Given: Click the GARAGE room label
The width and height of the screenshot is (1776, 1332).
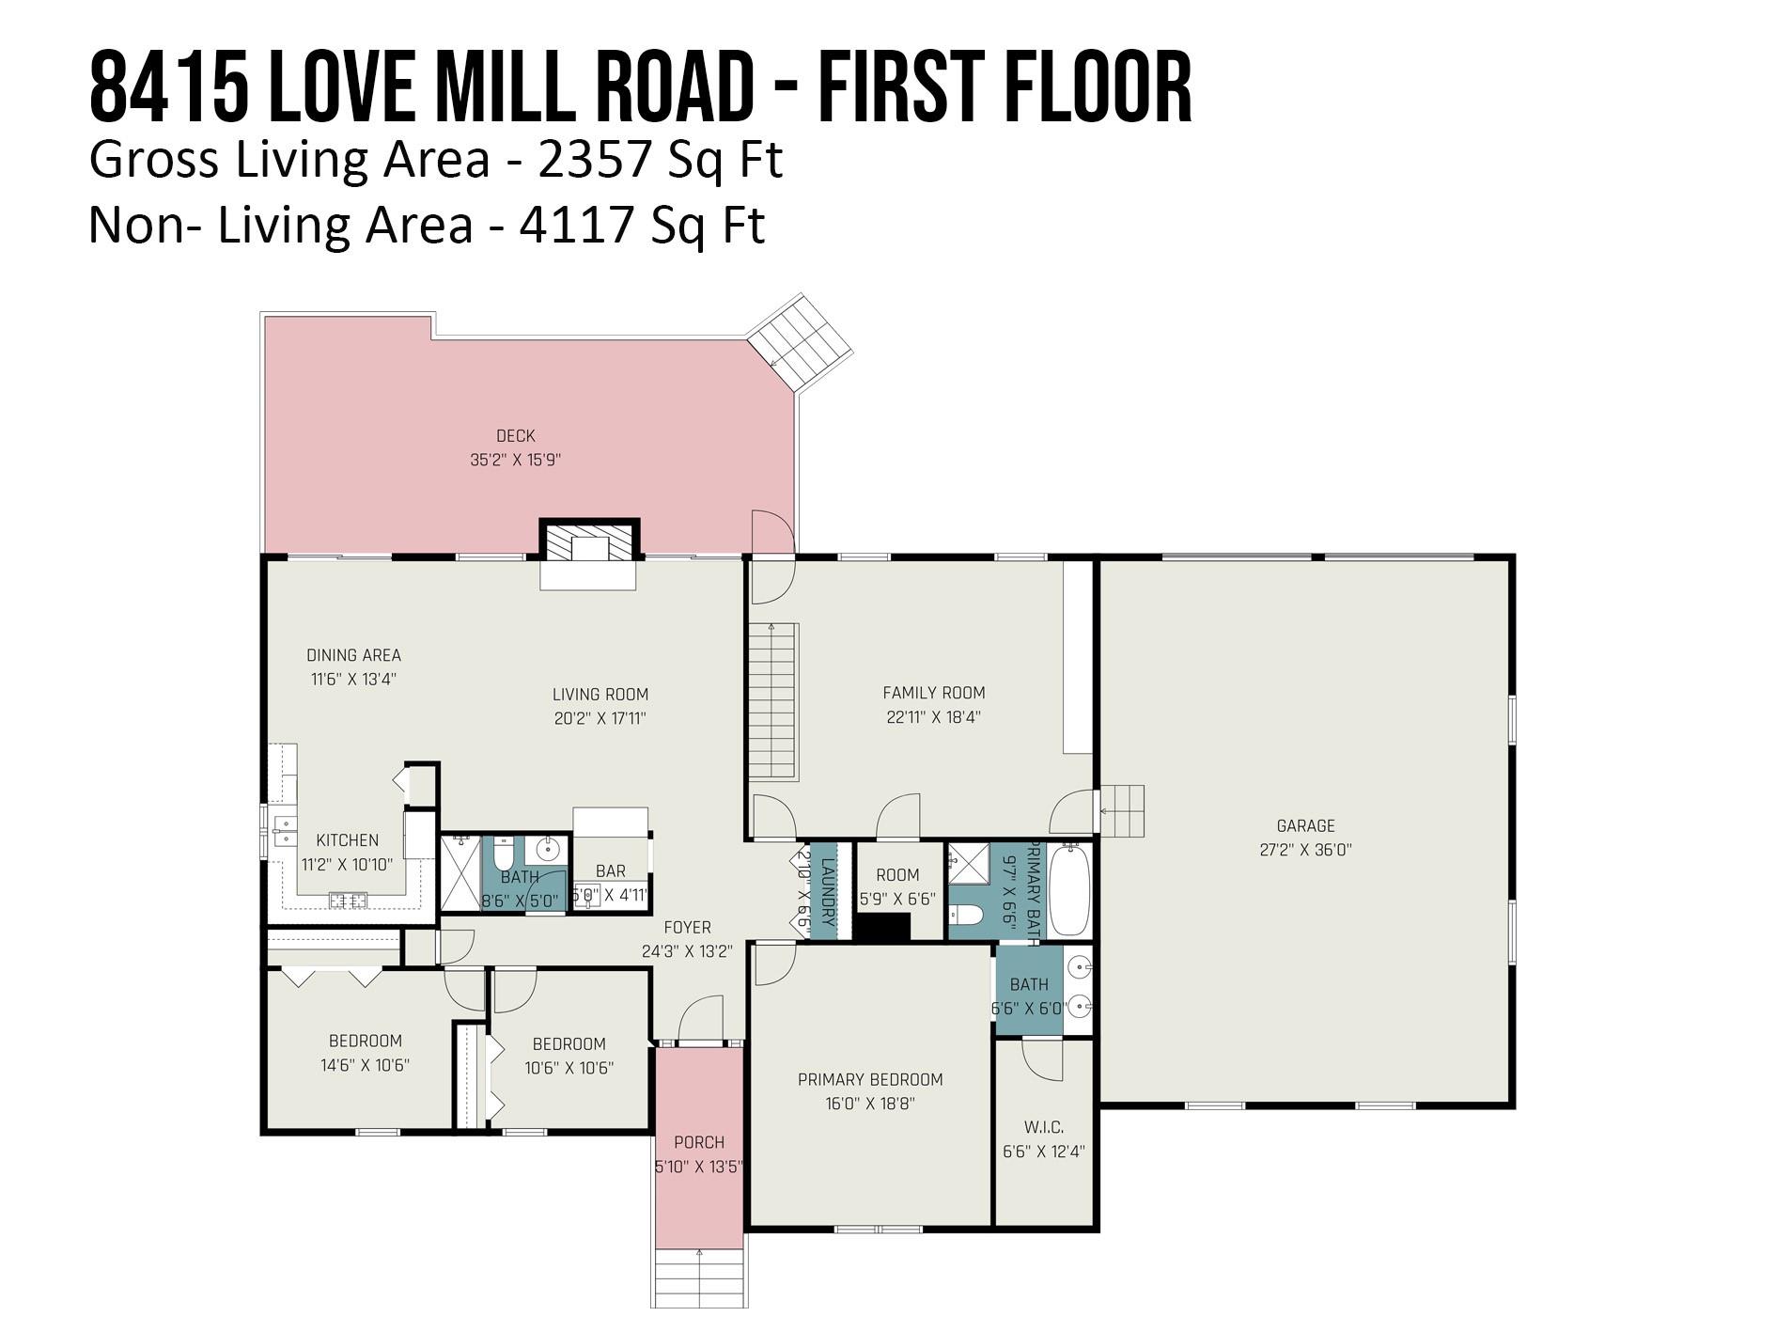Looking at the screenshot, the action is click(x=1305, y=826).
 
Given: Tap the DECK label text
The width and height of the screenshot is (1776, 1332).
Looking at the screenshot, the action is click(x=515, y=436).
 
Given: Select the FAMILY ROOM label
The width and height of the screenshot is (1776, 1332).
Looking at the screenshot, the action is click(x=934, y=693).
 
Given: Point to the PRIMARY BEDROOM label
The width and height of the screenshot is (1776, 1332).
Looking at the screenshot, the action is click(x=870, y=1079).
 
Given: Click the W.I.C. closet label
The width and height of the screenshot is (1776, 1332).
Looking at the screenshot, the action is click(x=1044, y=1127).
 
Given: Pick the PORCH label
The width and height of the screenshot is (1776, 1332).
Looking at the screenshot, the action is click(x=699, y=1142).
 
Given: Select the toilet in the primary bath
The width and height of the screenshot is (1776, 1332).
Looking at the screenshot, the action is click(x=965, y=915).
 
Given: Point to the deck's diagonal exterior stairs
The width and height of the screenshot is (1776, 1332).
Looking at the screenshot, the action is click(x=799, y=343).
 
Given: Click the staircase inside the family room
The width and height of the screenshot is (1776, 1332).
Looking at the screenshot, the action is click(x=772, y=701).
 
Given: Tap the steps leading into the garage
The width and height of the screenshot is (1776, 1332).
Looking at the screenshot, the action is click(x=1122, y=812).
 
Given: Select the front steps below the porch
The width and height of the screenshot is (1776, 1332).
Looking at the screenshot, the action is click(x=700, y=1278).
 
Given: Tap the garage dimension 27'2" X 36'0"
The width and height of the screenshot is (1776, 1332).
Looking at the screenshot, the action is click(x=1305, y=850).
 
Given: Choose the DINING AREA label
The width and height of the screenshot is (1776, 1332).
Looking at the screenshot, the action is click(x=353, y=655).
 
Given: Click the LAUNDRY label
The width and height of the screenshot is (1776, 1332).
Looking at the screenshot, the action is click(x=829, y=892).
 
